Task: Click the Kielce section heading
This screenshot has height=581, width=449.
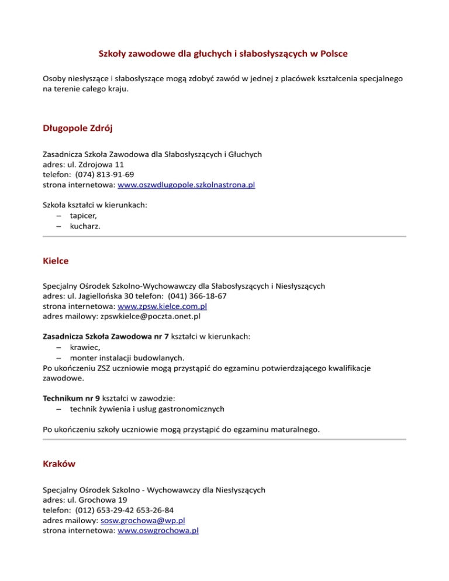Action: point(57,260)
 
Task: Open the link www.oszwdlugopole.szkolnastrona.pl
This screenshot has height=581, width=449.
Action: point(186,185)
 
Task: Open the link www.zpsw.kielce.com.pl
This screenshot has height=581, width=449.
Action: point(163,306)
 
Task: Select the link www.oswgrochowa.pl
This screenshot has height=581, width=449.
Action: point(158,531)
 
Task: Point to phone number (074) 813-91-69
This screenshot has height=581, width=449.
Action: point(105,175)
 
